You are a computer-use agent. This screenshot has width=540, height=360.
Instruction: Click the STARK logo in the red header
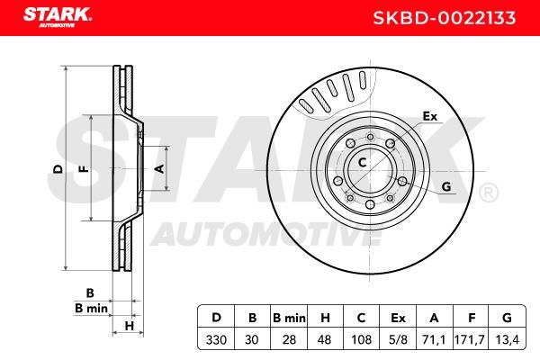[x=58, y=16]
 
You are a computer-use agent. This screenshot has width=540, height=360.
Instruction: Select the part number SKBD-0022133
[x=445, y=18]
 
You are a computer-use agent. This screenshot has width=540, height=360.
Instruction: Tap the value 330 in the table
[x=216, y=340]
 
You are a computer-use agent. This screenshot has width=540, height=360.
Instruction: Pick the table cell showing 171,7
[x=470, y=340]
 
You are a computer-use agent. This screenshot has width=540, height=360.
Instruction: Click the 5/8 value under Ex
[x=398, y=340]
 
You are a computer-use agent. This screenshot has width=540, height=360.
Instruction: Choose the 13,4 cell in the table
[x=507, y=340]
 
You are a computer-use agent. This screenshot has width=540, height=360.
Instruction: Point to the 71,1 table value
[x=434, y=340]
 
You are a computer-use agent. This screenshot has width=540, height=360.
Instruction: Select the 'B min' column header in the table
[x=289, y=318]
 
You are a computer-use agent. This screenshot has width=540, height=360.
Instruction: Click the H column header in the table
[x=325, y=318]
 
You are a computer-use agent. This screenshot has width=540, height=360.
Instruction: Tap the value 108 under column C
[x=361, y=340]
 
